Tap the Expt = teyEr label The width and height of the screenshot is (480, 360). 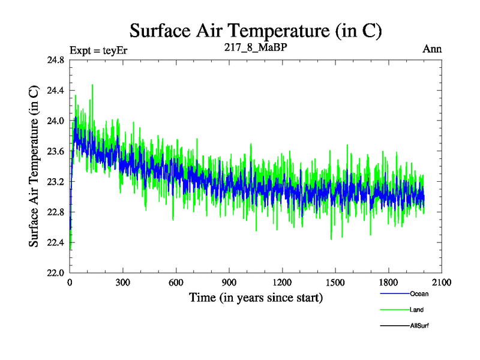[98, 49]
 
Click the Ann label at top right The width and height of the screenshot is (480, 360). [433, 49]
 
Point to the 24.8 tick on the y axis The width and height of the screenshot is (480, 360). [55, 60]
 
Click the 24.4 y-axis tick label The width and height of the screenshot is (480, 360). [55, 91]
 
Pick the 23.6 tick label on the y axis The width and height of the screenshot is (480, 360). [55, 151]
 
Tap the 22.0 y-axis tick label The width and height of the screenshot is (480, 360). [55, 273]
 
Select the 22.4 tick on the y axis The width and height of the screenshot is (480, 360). [55, 242]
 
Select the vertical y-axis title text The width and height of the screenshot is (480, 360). [35, 167]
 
